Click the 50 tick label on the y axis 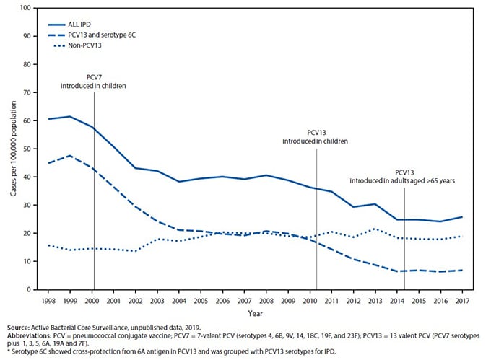(27, 149)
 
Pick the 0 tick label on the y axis (29, 290)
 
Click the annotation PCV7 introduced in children (95, 81)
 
